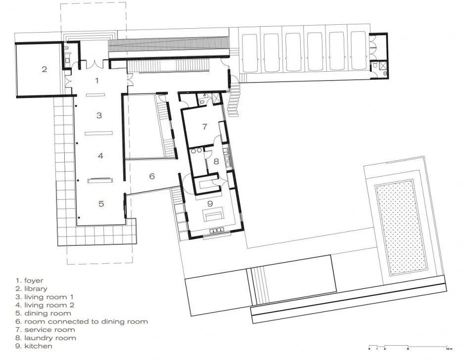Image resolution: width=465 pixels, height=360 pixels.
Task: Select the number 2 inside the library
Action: pyautogui.click(x=44, y=69)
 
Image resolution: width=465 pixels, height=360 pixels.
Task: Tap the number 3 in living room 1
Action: pyautogui.click(x=99, y=115)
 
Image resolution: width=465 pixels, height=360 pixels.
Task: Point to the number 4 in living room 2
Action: pyautogui.click(x=100, y=156)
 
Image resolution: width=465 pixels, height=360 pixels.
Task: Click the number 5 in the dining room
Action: pyautogui.click(x=101, y=203)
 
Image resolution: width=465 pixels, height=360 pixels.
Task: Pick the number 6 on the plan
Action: pyautogui.click(x=152, y=176)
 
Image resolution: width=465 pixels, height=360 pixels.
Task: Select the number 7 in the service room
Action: pyautogui.click(x=204, y=127)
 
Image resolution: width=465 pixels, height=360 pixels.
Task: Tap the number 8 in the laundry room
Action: pyautogui.click(x=216, y=161)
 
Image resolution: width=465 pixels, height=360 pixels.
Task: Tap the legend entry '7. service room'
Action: pyautogui.click(x=45, y=330)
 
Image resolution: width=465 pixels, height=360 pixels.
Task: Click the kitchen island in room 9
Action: pyautogui.click(x=213, y=216)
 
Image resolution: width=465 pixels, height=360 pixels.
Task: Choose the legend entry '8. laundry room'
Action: pyautogui.click(x=45, y=338)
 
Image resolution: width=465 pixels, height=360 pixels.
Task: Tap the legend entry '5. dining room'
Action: pyautogui.click(x=43, y=313)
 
